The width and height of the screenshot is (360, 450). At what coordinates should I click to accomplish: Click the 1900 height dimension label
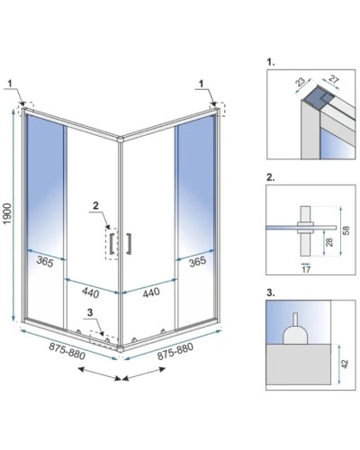click(x=8, y=213)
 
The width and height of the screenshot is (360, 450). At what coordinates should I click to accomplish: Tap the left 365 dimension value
click(x=45, y=262)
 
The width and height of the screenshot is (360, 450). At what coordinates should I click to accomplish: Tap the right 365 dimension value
click(x=197, y=261)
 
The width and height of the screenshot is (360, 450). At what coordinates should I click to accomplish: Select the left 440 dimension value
click(x=90, y=292)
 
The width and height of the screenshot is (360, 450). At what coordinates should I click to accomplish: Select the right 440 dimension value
click(x=151, y=292)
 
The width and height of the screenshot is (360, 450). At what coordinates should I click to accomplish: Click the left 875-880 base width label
click(x=67, y=351)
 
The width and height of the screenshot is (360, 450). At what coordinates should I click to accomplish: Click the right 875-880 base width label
click(x=175, y=351)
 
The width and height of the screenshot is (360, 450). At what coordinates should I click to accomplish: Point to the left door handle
click(x=112, y=243)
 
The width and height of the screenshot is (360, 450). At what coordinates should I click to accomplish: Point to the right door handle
click(x=129, y=243)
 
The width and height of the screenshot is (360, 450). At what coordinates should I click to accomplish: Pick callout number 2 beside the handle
click(x=95, y=205)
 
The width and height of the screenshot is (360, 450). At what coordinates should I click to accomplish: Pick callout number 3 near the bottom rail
click(x=90, y=312)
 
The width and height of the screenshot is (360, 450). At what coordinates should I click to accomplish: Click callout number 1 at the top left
click(x=10, y=84)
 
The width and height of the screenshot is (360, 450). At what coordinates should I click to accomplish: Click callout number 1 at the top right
click(x=202, y=84)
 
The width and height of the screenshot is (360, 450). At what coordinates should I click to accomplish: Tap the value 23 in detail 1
click(x=300, y=82)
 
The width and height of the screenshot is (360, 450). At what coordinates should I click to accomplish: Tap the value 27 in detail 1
click(x=333, y=81)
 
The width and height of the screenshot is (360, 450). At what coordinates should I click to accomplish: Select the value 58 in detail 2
click(x=346, y=230)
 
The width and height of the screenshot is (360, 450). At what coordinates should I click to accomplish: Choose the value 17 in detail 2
click(x=306, y=269)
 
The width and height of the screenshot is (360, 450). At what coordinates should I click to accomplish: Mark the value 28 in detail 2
click(x=329, y=242)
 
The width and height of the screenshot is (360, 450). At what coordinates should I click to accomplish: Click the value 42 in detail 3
click(x=346, y=364)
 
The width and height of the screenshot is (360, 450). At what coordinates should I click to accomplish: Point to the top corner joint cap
click(x=121, y=139)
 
